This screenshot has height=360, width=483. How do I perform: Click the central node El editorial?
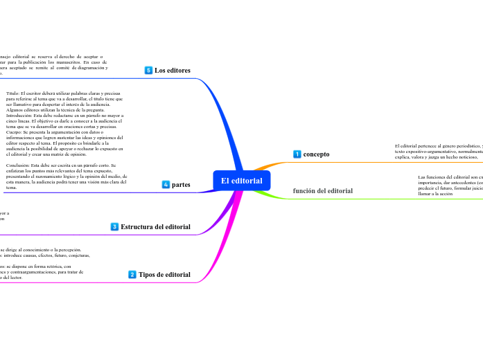[241, 181]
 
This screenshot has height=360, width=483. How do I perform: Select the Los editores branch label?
[173, 70]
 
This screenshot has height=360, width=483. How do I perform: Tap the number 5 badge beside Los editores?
[148, 70]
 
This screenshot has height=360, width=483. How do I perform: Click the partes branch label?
[181, 184]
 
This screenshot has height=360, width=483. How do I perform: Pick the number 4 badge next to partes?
[166, 184]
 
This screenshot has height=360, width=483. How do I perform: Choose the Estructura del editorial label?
[155, 226]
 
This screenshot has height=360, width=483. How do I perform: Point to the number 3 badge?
[114, 226]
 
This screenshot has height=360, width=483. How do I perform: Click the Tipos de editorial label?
[164, 274]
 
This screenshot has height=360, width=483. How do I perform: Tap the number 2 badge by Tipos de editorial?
[132, 274]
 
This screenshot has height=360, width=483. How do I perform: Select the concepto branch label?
[316, 154]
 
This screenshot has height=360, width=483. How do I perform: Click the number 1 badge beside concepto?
[297, 154]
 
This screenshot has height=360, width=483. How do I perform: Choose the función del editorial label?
[323, 190]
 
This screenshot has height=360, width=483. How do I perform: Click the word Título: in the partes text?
[14, 92]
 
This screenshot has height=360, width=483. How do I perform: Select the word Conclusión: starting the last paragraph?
[19, 165]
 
